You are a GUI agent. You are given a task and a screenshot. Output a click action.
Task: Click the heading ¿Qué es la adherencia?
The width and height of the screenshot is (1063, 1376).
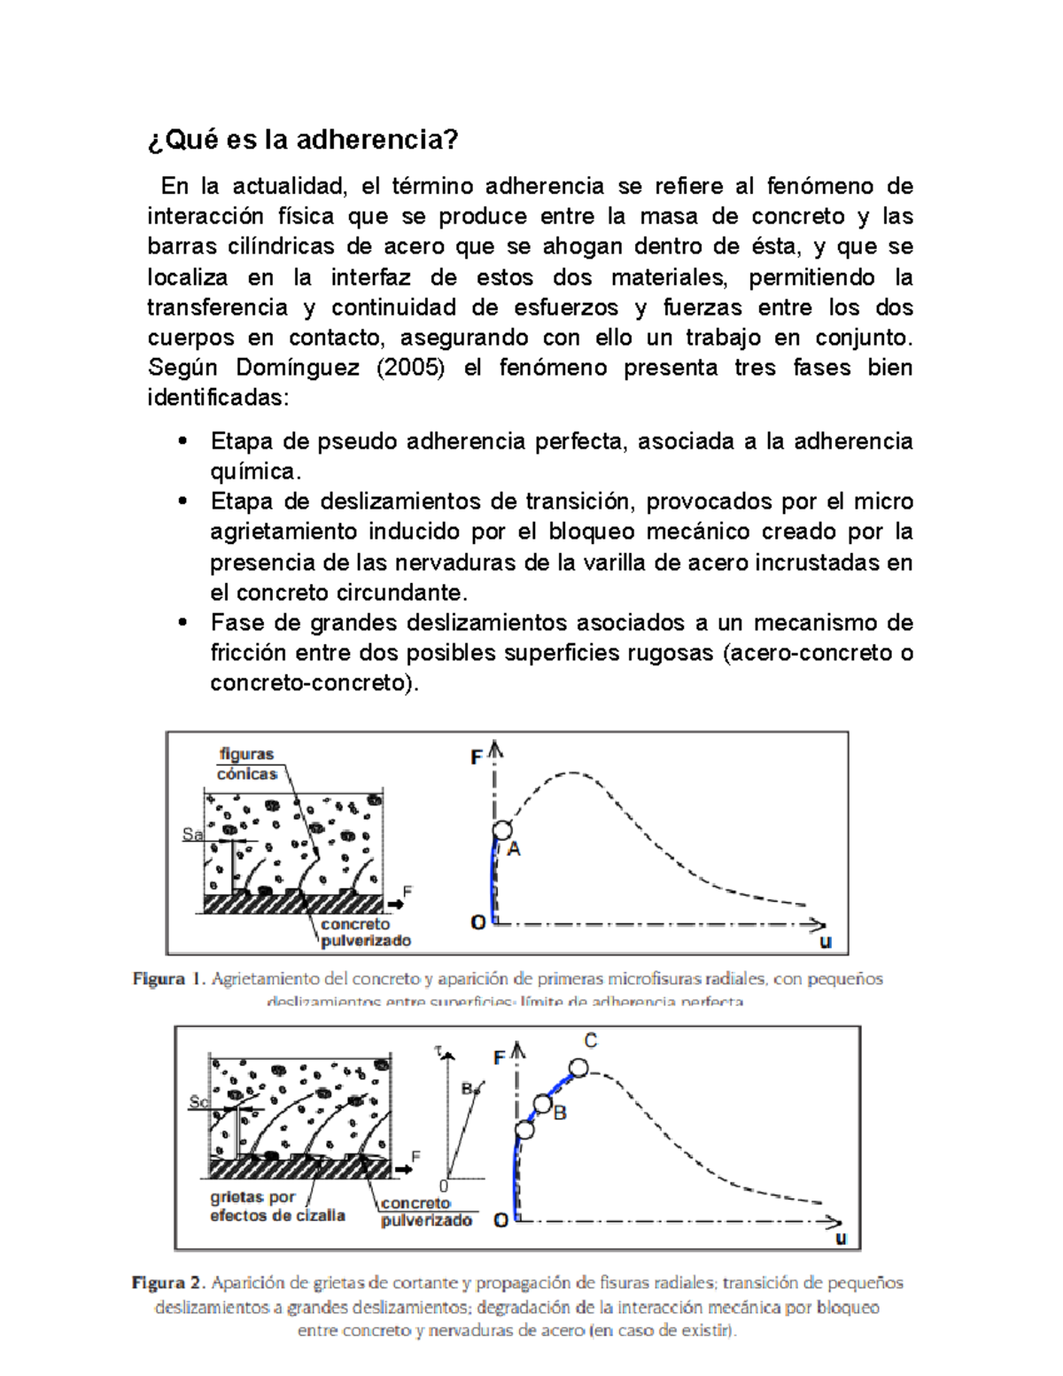point(302,140)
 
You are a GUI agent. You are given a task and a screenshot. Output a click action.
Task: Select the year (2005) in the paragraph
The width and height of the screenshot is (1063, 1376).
point(410,368)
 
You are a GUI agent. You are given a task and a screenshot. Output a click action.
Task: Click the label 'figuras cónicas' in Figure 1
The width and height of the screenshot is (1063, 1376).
point(247,764)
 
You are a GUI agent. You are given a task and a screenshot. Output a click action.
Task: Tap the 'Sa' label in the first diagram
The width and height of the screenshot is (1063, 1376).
point(191,834)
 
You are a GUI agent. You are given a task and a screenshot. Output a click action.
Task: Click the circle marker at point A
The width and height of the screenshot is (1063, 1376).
point(502,830)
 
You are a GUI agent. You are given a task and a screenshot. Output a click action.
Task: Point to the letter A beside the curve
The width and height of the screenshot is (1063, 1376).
point(514,850)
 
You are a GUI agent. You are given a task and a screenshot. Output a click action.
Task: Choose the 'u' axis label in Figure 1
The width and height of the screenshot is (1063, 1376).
point(826,942)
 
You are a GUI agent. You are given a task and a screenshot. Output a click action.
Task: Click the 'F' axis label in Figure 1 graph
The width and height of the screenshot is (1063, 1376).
point(477,758)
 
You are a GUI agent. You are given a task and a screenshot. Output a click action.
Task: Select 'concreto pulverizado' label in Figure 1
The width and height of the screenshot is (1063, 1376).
point(365,932)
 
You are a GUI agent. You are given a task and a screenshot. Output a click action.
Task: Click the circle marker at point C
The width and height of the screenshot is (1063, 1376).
point(578,1068)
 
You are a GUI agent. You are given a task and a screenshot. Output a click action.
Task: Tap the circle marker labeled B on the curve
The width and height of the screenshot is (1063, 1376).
point(542,1104)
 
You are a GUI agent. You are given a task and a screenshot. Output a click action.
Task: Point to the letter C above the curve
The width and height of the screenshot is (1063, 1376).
point(591,1041)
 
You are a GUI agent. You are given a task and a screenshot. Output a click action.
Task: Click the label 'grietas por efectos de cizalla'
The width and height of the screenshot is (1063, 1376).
point(276,1206)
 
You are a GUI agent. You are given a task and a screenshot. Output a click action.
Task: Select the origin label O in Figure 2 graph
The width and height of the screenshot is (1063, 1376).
point(500,1220)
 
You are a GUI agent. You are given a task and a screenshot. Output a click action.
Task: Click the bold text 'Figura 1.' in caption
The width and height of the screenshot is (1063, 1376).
point(169,979)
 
